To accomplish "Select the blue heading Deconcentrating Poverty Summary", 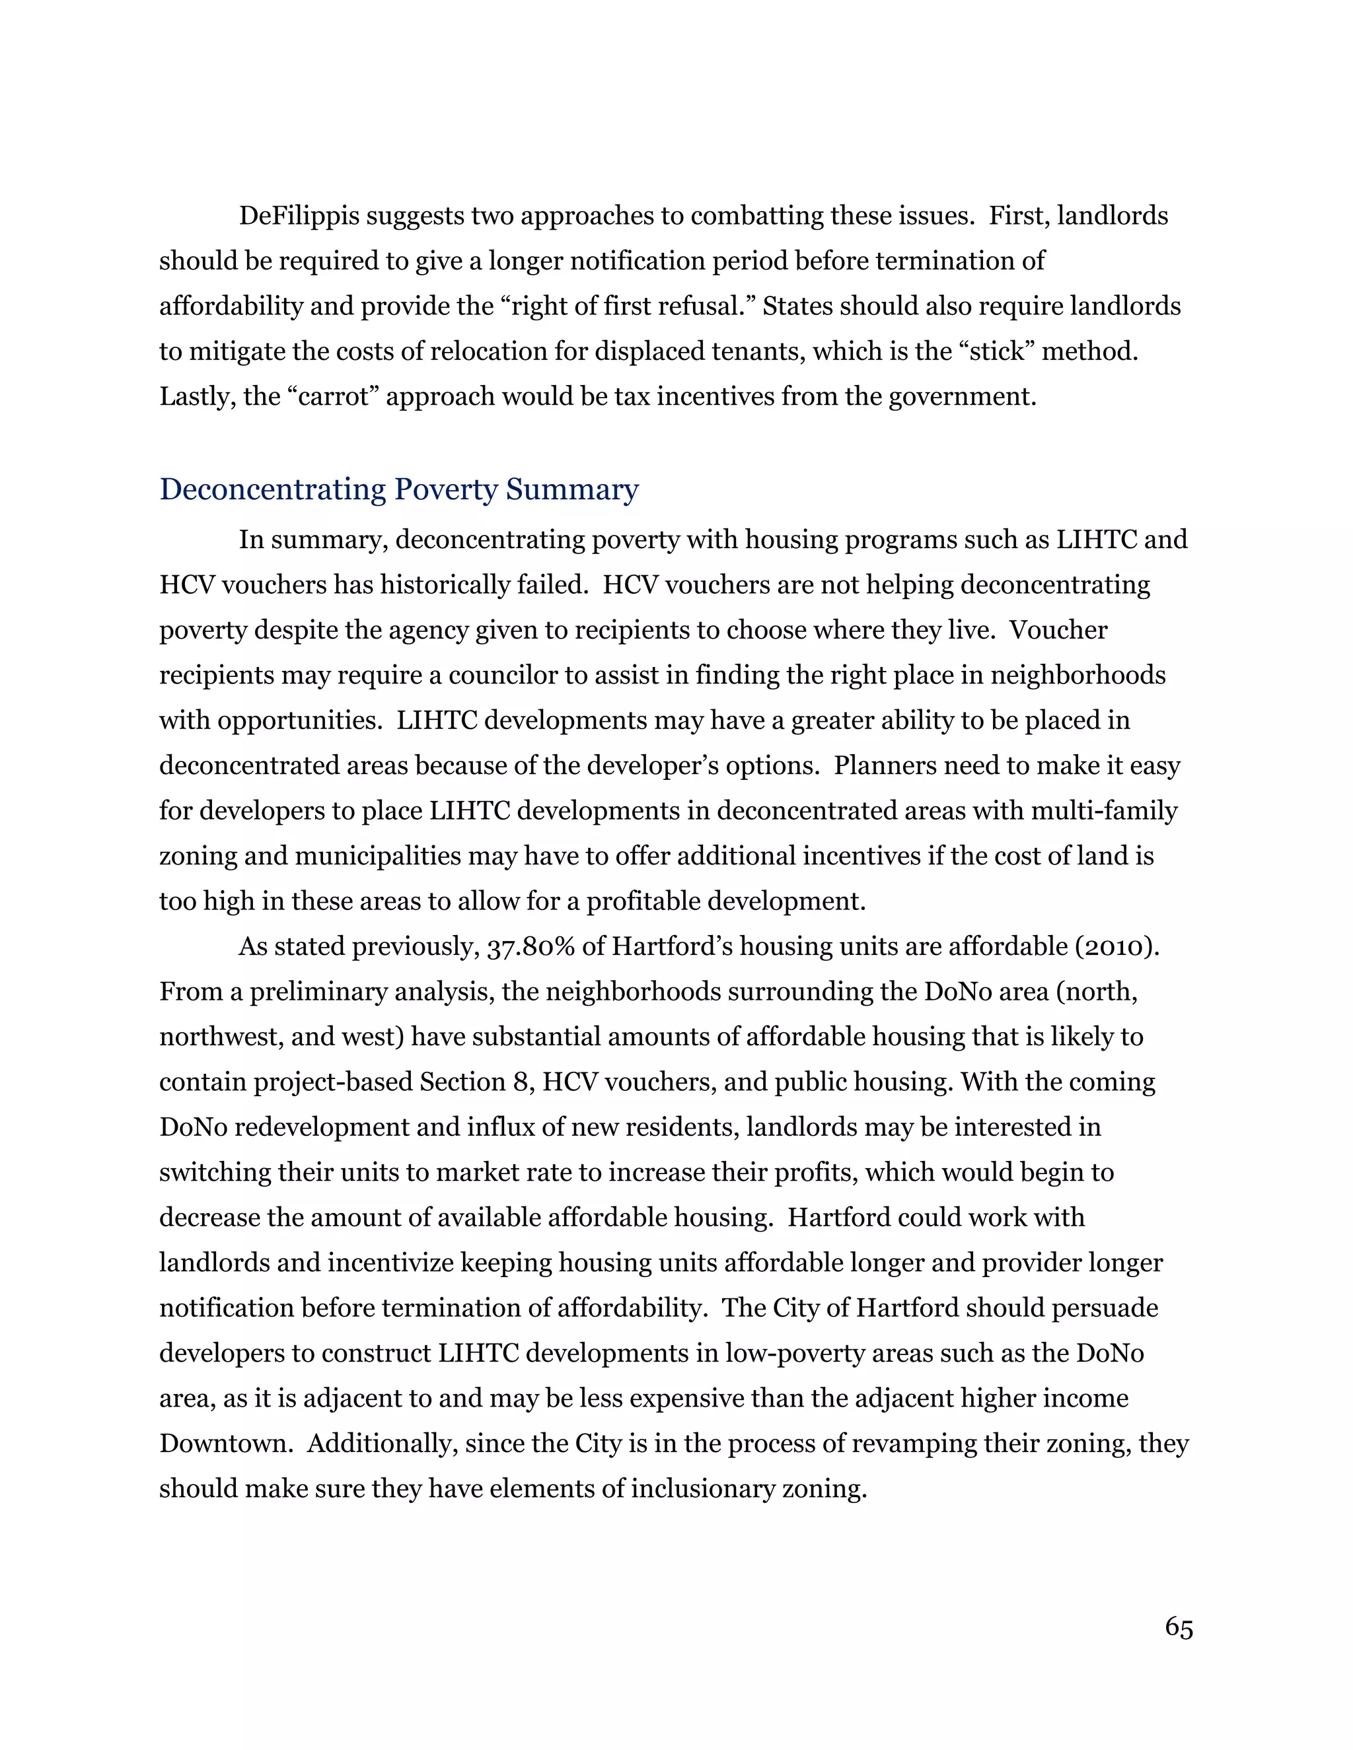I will (399, 489).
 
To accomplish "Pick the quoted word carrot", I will (332, 397).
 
